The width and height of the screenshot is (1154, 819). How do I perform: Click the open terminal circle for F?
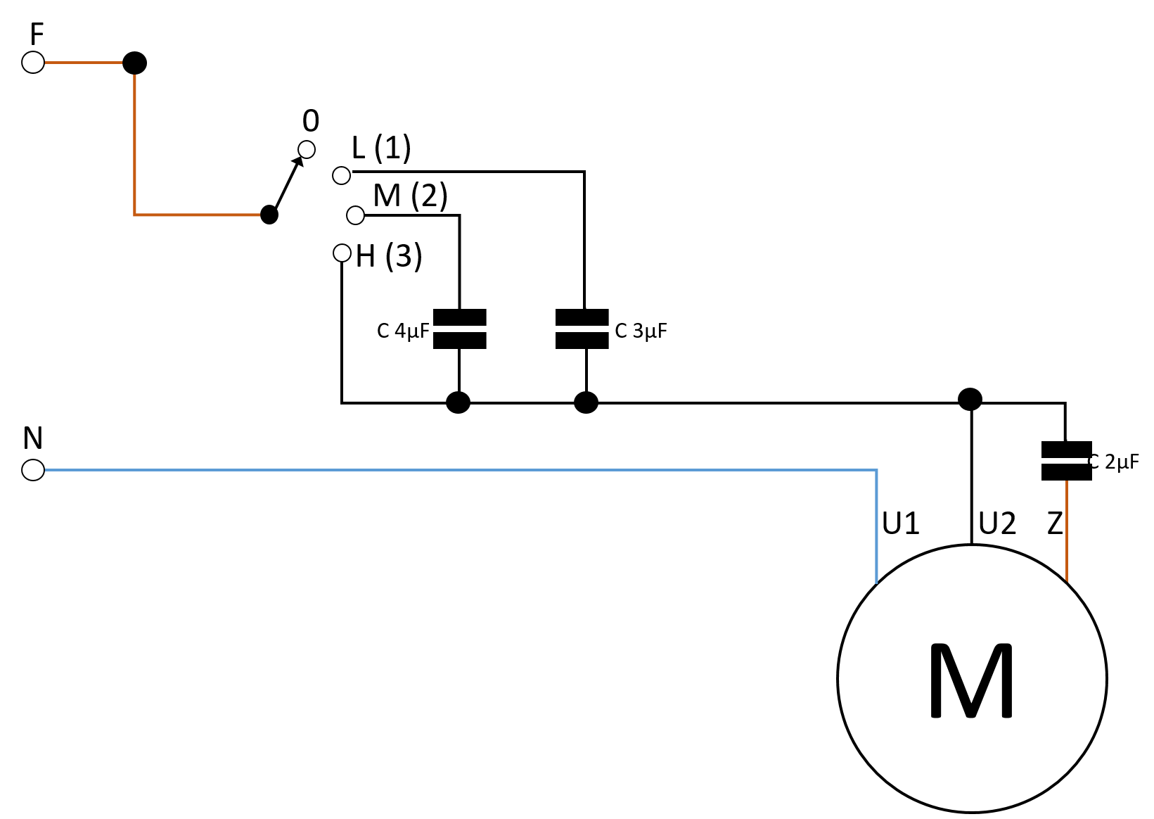pos(33,63)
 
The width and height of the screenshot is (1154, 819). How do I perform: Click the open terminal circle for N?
pos(33,470)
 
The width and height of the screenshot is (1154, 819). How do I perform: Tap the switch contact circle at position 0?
pos(307,149)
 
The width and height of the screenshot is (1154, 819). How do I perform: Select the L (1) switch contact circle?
pos(342,175)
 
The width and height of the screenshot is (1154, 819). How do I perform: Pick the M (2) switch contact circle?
pos(355,215)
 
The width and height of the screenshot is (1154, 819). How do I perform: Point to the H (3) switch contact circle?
pos(342,253)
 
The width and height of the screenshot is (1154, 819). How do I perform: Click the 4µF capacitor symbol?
pos(459,329)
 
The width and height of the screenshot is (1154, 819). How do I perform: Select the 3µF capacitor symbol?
pos(582,329)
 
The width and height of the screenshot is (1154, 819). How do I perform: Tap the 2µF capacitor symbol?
pos(1066,461)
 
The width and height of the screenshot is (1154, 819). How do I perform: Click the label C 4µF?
pos(403,331)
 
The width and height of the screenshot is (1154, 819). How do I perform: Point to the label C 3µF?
pos(641,331)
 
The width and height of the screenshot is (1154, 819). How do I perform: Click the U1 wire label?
pos(901,523)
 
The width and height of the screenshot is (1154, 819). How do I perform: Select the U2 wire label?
pos(997,523)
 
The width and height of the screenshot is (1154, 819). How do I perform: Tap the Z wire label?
pos(1055,523)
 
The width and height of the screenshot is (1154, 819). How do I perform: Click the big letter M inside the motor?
pos(971,680)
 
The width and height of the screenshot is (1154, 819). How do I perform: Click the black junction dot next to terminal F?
pos(134,63)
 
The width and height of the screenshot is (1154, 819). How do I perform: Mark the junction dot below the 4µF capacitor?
pos(458,402)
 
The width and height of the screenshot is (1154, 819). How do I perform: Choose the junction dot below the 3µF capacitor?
pos(586,402)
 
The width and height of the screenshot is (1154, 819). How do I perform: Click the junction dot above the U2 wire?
pos(970,400)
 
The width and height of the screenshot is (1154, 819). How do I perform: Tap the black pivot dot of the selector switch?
pos(269,215)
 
